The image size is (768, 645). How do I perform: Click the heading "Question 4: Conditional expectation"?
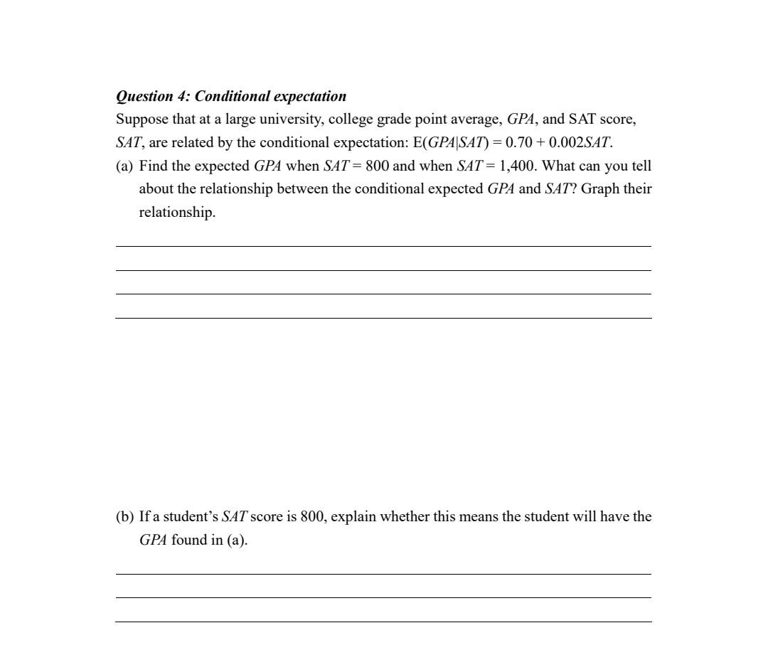click(x=231, y=96)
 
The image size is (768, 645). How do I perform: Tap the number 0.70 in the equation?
click(x=519, y=142)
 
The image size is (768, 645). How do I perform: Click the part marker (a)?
click(x=124, y=166)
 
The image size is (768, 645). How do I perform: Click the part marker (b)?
click(x=124, y=516)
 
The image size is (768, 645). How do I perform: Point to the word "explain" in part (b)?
click(x=353, y=516)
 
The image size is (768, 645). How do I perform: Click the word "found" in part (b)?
click(x=188, y=540)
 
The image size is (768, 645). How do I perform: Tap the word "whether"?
click(x=405, y=516)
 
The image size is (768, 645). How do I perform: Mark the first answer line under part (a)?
click(x=383, y=247)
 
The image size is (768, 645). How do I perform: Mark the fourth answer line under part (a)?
click(x=383, y=318)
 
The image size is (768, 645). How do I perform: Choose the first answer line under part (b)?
click(x=383, y=574)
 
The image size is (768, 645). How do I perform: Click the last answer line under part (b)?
click(x=383, y=622)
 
